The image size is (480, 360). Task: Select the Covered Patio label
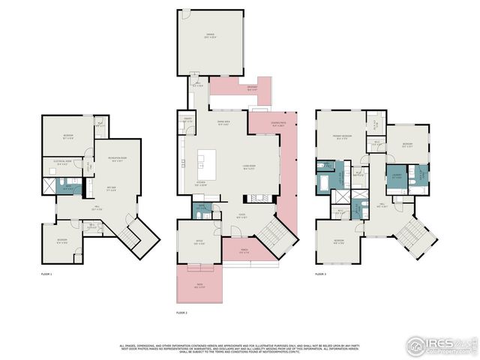(277, 124)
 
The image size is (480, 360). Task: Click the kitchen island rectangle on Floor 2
(206, 159)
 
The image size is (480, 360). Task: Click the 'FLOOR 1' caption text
(46, 275)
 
